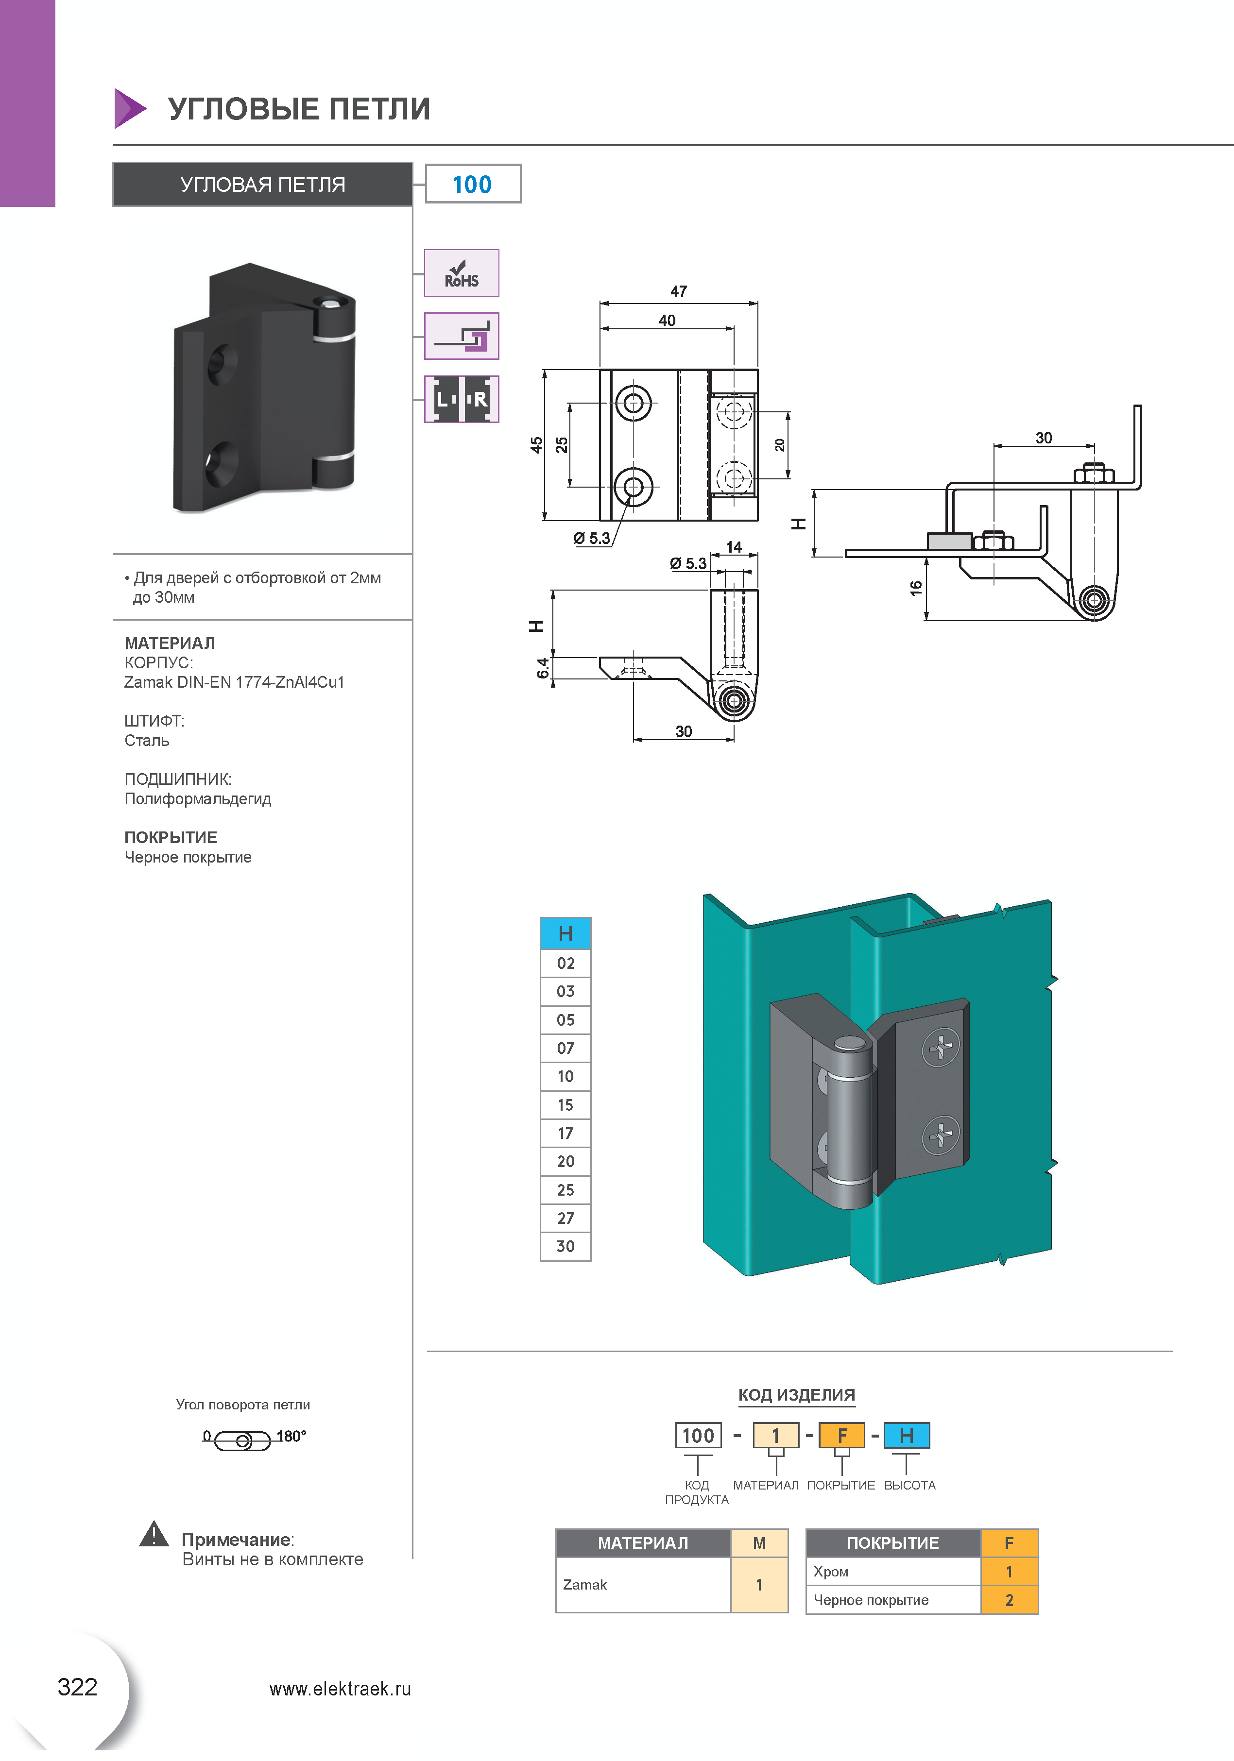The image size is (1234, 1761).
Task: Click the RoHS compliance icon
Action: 461,273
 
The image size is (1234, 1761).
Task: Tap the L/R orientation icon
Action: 461,399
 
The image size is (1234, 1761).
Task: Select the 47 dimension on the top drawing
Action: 678,291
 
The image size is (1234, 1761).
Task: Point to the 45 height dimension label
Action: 536,445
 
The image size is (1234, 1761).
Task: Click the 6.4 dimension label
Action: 543,668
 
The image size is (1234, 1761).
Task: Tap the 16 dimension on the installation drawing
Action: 915,588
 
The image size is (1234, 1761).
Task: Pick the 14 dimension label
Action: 734,547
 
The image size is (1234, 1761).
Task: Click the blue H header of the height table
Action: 566,933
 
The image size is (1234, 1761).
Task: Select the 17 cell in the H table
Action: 566,1133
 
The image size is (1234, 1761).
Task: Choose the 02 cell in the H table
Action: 566,964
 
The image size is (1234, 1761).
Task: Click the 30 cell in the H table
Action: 566,1246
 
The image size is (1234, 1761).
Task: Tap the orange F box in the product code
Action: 842,1435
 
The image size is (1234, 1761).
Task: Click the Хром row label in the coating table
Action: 831,1572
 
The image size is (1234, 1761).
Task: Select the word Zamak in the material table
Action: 585,1585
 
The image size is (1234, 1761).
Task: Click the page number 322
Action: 78,1687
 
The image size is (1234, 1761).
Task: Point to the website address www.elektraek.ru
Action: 340,1689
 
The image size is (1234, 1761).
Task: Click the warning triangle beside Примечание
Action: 154,1534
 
